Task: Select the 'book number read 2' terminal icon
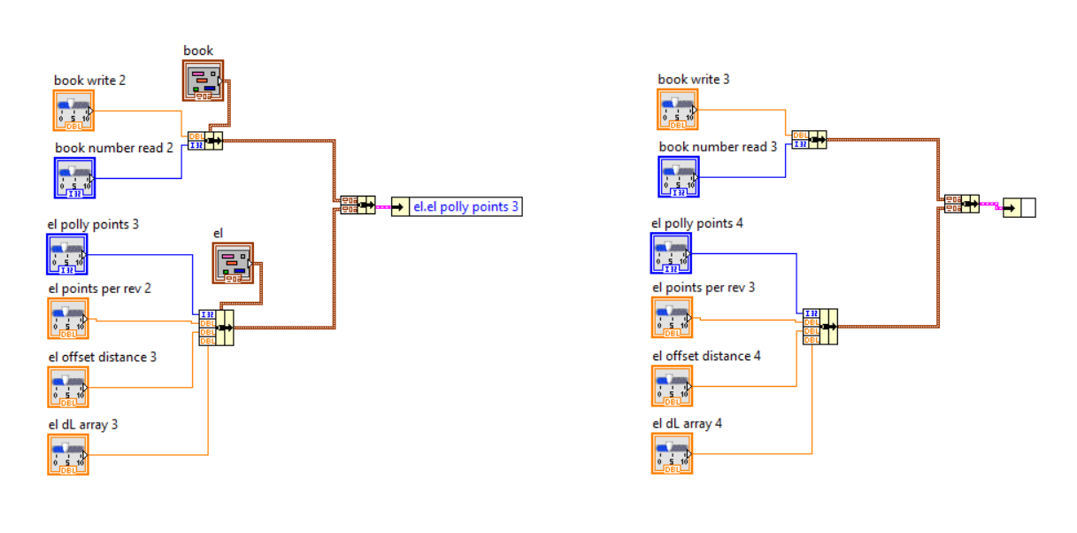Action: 74,177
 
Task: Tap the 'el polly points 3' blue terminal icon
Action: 68,254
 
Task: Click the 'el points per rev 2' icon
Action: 68,318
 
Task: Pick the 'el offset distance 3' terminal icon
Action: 68,386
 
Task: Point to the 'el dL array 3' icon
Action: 68,453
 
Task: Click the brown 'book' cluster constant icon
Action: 204,81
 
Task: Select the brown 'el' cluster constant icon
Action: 232,263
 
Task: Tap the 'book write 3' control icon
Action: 678,110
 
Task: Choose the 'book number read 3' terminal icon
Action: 679,176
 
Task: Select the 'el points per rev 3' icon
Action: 673,318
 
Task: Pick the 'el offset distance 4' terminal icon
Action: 673,386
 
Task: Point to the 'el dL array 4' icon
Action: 673,453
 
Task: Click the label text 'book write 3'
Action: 694,80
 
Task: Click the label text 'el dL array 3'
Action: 83,424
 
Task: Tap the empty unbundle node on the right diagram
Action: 1019,208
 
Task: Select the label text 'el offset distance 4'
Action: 706,356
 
